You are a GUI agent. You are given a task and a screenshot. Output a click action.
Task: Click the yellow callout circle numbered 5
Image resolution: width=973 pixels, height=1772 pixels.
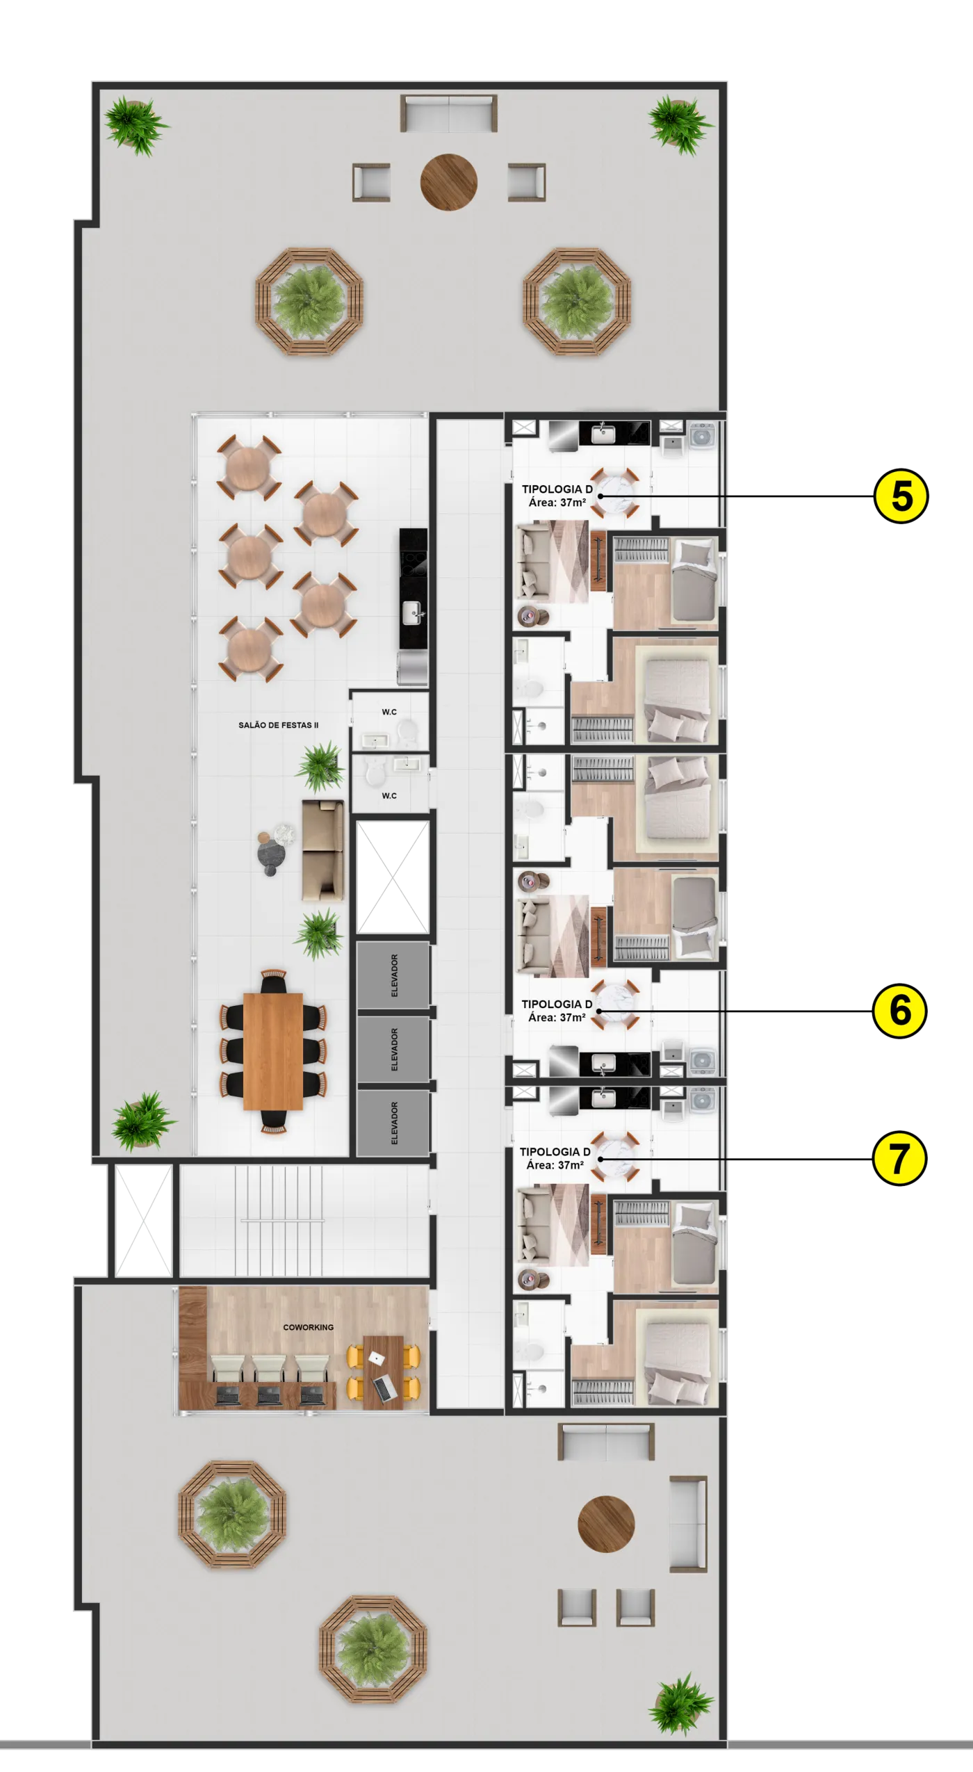(901, 496)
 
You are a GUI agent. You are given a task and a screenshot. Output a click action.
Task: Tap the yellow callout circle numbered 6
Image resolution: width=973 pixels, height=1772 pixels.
(900, 1011)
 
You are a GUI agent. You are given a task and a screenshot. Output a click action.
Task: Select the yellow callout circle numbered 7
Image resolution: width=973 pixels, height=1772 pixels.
(899, 1159)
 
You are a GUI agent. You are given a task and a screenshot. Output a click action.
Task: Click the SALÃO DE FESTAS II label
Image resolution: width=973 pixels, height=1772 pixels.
(279, 725)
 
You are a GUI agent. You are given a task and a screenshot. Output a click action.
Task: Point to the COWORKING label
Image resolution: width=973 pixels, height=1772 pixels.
(308, 1327)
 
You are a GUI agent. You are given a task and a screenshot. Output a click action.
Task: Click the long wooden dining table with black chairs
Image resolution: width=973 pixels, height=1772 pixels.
(273, 1052)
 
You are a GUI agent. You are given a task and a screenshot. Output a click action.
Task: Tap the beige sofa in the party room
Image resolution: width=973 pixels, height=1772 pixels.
(322, 850)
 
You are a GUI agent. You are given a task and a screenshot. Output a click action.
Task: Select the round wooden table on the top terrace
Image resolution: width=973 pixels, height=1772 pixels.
(449, 182)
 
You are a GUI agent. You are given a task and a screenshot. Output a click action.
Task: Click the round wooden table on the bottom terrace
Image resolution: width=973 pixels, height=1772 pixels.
(606, 1524)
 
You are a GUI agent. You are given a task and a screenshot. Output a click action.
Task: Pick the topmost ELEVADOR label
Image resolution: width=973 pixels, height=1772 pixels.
(395, 975)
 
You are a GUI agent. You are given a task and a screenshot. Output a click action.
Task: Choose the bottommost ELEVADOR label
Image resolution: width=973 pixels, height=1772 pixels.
(395, 1123)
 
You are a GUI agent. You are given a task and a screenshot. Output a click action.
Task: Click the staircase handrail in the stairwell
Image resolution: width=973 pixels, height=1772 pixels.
(282, 1220)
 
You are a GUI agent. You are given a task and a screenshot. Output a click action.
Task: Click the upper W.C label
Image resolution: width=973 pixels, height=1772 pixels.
(389, 712)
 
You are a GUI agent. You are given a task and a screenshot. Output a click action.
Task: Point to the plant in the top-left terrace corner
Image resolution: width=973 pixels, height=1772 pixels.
(136, 125)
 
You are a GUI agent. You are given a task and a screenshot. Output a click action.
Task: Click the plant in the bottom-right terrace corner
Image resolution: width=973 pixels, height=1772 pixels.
(681, 1704)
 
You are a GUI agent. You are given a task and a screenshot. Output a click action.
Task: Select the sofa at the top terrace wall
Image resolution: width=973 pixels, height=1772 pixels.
(449, 113)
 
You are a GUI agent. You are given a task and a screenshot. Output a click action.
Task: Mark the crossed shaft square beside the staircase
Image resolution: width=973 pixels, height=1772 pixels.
(143, 1221)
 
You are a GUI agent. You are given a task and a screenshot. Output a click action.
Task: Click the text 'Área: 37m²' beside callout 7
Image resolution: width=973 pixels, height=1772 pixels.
(555, 1166)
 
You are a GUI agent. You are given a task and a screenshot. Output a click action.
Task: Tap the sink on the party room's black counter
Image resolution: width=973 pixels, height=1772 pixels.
(413, 612)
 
